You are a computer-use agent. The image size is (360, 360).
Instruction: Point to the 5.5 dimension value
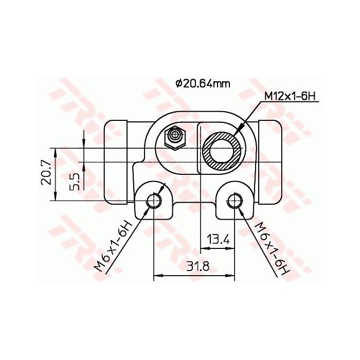pyautogui.click(x=74, y=181)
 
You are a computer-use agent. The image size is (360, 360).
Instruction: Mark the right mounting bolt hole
pyautogui.click(x=235, y=201)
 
